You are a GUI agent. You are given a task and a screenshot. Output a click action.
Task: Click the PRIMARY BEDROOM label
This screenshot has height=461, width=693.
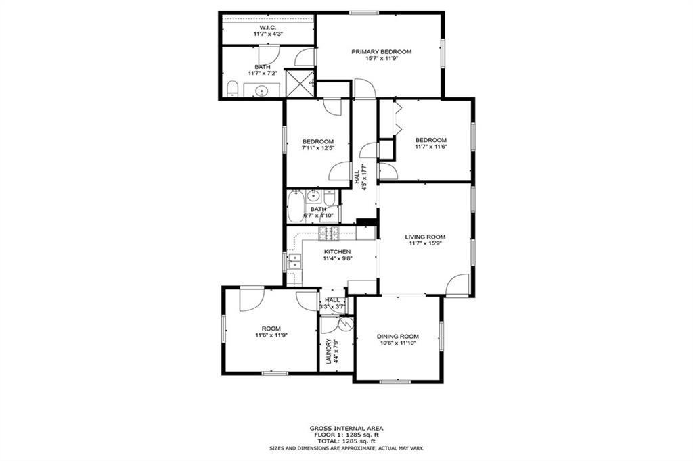click(381, 51)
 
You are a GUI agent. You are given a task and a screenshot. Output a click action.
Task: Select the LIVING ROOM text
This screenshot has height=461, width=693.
click(425, 237)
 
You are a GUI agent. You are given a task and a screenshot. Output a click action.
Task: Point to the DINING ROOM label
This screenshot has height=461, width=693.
click(397, 336)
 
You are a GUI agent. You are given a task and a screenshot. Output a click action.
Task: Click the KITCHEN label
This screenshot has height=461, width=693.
click(336, 251)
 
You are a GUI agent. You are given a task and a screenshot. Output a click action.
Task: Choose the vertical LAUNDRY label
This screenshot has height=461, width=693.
click(329, 351)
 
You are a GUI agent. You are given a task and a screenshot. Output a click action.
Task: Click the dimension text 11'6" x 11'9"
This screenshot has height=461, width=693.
click(271, 335)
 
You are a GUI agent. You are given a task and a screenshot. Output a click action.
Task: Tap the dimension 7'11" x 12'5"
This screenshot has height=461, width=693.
click(317, 148)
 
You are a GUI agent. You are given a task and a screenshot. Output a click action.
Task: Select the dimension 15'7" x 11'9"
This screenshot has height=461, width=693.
click(381, 59)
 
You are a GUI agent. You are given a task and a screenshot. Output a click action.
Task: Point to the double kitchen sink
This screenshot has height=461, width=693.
click(294, 262)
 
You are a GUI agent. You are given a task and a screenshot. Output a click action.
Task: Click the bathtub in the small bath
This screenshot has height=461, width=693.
click(296, 206)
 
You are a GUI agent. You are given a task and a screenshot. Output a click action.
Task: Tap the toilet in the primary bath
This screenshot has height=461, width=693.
click(231, 89)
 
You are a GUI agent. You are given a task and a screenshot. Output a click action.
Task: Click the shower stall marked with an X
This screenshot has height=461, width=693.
click(298, 83)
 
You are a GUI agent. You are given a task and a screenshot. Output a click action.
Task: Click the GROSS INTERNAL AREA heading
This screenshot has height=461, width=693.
click(346, 428)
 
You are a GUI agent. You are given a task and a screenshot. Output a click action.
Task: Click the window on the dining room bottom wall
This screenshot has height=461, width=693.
click(395, 382)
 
